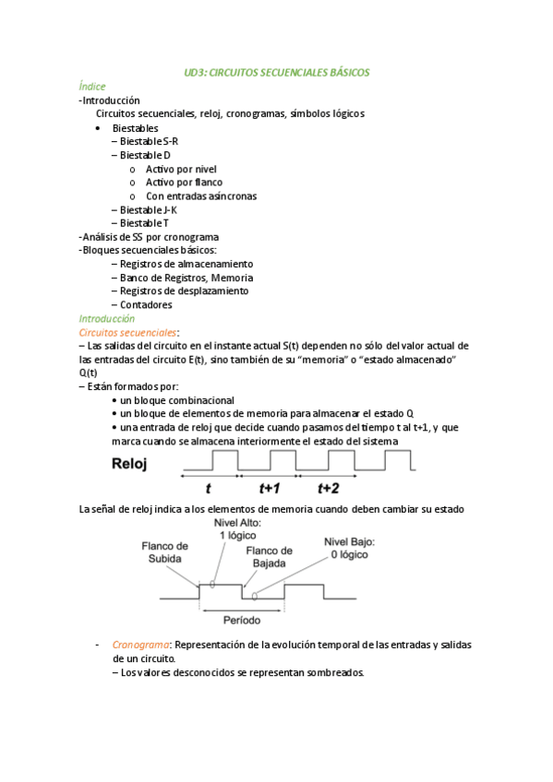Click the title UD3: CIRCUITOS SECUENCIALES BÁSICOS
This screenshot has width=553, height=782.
(276, 71)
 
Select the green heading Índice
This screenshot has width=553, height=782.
(92, 86)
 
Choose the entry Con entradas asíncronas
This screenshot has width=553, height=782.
(201, 195)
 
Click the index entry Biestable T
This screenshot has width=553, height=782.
(144, 223)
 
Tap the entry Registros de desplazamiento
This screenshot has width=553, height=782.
(184, 290)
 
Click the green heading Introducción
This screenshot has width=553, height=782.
(107, 318)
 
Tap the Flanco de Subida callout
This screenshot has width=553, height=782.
(165, 551)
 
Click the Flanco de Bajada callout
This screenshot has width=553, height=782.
(269, 556)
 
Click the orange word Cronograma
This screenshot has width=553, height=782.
(141, 645)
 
